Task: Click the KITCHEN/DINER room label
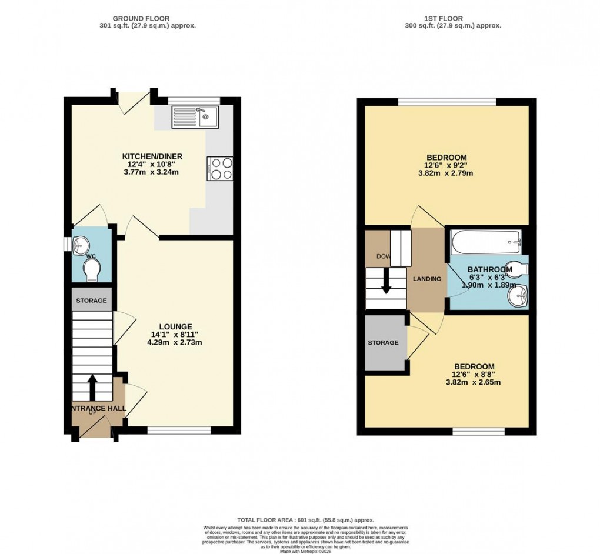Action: [x=152, y=156]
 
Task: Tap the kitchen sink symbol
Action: [x=195, y=117]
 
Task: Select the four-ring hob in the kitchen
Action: [x=220, y=168]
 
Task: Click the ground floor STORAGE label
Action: [x=91, y=301]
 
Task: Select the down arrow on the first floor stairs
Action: [x=386, y=281]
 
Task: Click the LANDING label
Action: [x=426, y=279]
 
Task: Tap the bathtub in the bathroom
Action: [x=486, y=242]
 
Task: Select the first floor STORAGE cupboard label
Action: [x=383, y=343]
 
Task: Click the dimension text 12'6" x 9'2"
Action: [x=446, y=165]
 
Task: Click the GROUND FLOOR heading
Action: [x=147, y=17]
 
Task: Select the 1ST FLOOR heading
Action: [x=452, y=17]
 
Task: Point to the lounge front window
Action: [x=179, y=430]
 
